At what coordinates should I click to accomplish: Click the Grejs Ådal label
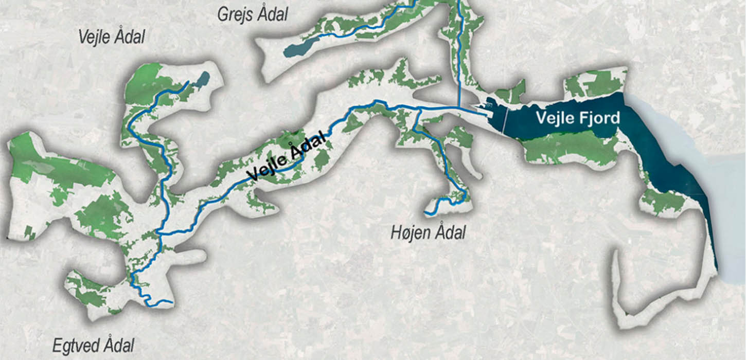(x=252, y=14)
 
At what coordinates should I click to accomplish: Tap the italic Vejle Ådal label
(x=112, y=37)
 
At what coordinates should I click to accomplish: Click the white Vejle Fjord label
(x=578, y=118)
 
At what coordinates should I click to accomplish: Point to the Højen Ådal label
(x=428, y=232)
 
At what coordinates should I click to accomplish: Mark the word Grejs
(x=235, y=14)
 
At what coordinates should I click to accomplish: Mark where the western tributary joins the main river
(x=159, y=233)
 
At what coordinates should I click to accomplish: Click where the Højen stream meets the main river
(x=416, y=109)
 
